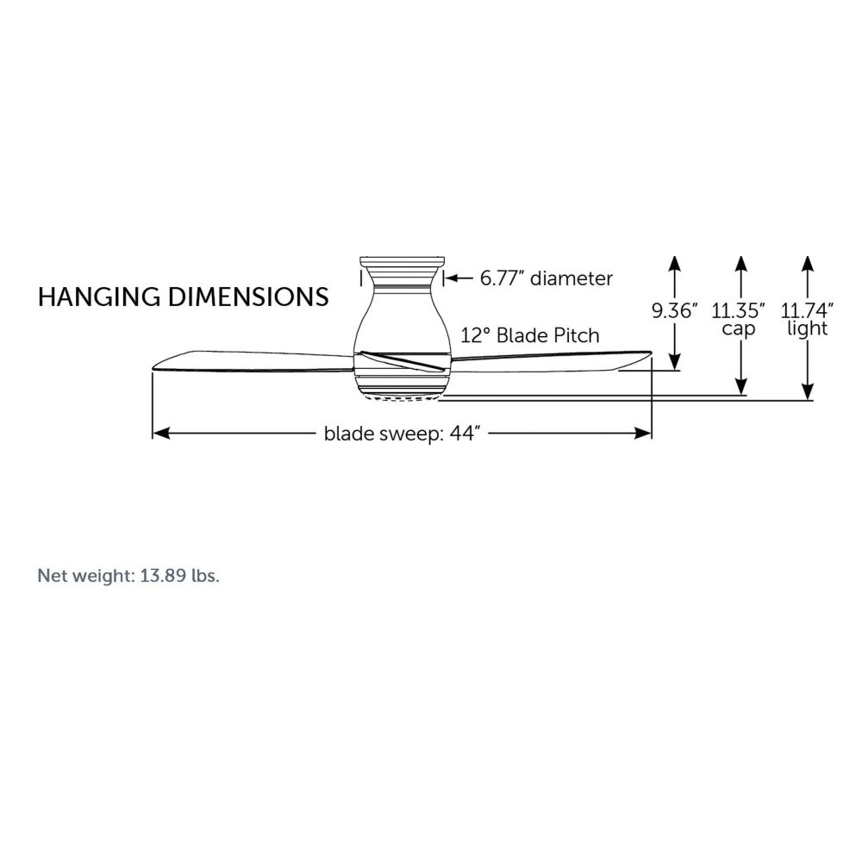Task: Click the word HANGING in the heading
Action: (x=99, y=297)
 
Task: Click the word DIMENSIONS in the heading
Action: (x=248, y=297)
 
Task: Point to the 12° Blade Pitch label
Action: (x=530, y=335)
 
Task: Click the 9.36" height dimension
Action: (x=674, y=311)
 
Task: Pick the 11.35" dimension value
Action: (x=738, y=311)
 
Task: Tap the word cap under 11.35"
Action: (x=739, y=329)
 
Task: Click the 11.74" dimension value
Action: (x=807, y=311)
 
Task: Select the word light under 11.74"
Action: (x=807, y=328)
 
